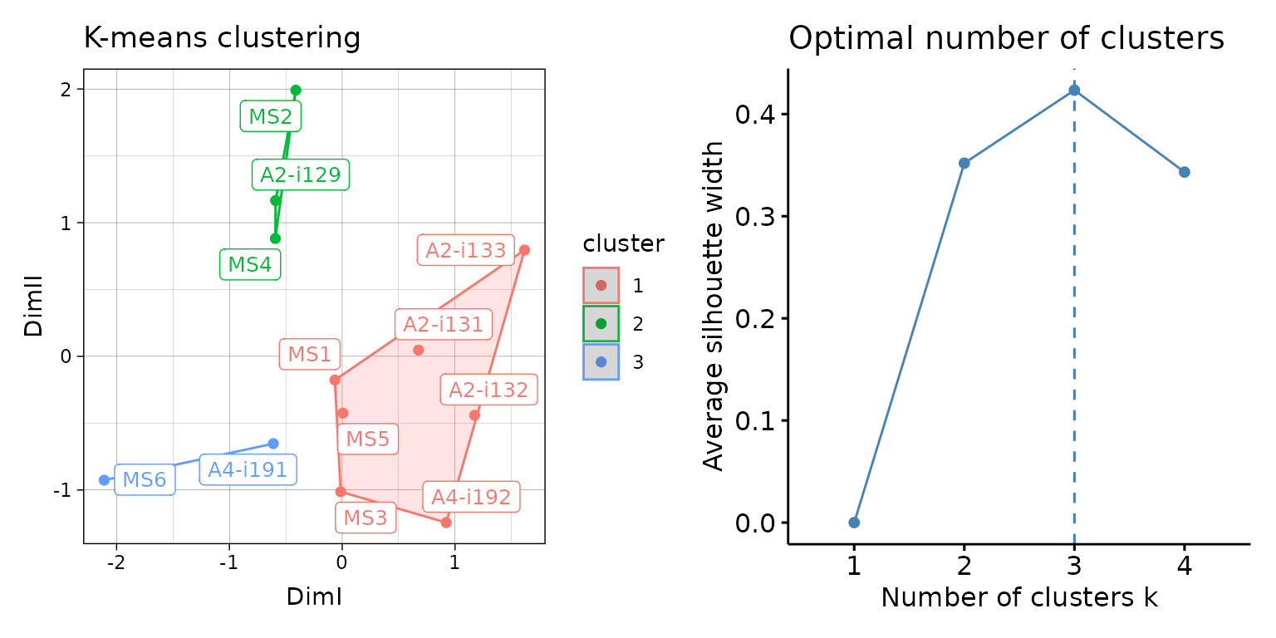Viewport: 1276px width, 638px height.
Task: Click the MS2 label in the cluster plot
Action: tap(271, 116)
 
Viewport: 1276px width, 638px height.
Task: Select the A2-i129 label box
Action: tap(301, 174)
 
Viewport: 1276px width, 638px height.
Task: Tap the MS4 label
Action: tap(250, 264)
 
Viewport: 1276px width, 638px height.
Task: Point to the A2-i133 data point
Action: tap(524, 250)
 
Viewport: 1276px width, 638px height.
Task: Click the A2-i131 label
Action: tap(443, 324)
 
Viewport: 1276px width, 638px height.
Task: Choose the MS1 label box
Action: tap(310, 355)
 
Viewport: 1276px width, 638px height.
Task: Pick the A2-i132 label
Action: tap(488, 390)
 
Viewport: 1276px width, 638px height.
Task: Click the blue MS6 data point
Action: tap(104, 480)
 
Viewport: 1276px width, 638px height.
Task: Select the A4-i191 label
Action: tap(248, 469)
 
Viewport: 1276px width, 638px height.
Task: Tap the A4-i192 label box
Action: tap(471, 498)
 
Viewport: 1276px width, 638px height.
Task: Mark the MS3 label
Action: tap(366, 518)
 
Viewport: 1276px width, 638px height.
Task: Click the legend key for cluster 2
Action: tap(601, 323)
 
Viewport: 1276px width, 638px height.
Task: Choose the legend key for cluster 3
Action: tap(601, 361)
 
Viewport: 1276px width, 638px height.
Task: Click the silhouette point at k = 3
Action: tap(1074, 90)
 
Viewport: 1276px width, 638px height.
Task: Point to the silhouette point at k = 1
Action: tap(854, 523)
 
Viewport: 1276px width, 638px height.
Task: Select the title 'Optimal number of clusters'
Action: tap(1006, 38)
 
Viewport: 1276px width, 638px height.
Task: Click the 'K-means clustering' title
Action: tap(222, 38)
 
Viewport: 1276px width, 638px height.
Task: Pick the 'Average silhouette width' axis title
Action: tap(714, 306)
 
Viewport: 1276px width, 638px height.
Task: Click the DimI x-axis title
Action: tap(314, 596)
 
